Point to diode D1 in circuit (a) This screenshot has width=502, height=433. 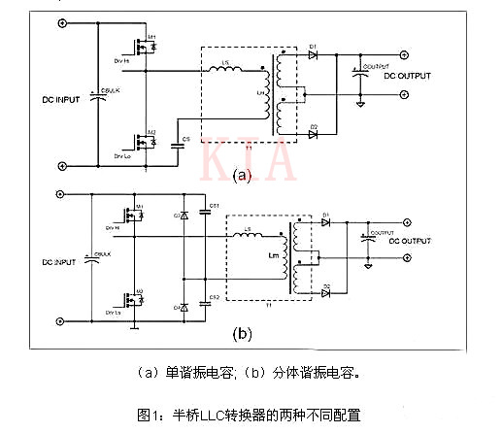[314, 55]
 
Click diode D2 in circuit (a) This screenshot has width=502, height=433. [314, 133]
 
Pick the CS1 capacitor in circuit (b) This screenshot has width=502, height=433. [202, 211]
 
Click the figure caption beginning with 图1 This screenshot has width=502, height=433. [250, 415]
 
